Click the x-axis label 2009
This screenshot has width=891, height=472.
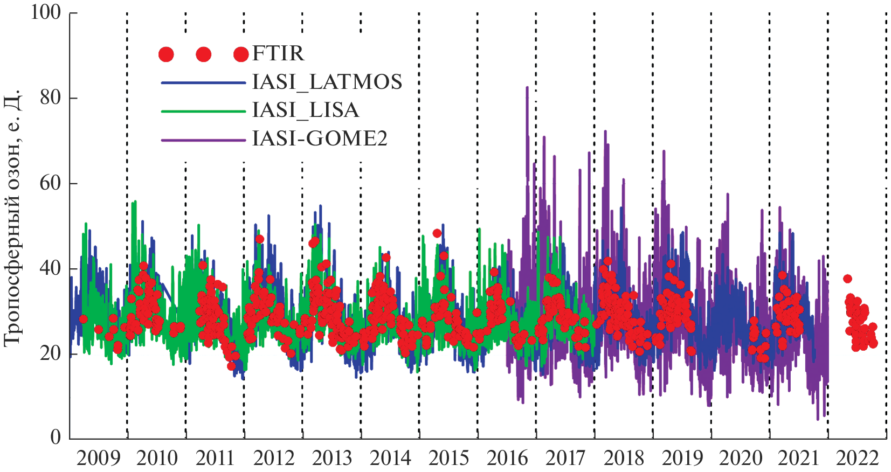pyautogui.click(x=98, y=458)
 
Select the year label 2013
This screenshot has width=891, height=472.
pyautogui.click(x=332, y=458)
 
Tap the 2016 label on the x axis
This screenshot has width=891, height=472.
pyautogui.click(x=507, y=458)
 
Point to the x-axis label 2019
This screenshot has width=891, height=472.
pyautogui.click(x=682, y=458)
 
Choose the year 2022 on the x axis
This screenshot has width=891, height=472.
pyautogui.click(x=858, y=458)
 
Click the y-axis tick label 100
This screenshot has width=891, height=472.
pyautogui.click(x=46, y=12)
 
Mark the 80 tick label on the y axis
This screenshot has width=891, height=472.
pyautogui.click(x=51, y=98)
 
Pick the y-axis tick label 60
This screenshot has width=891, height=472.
pyautogui.click(x=51, y=183)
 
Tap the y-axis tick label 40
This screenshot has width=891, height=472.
pyautogui.click(x=51, y=268)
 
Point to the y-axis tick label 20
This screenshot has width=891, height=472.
pyautogui.click(x=51, y=353)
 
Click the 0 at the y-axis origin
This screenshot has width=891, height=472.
pyautogui.click(x=56, y=437)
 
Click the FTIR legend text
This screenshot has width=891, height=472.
pyautogui.click(x=278, y=53)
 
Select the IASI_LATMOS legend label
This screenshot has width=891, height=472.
pyautogui.click(x=327, y=82)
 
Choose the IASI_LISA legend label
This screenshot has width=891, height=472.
pyautogui.click(x=305, y=110)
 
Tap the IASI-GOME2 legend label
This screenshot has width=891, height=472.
pyautogui.click(x=320, y=139)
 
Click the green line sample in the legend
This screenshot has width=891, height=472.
pyautogui.click(x=203, y=112)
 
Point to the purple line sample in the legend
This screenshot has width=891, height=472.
pyautogui.click(x=203, y=140)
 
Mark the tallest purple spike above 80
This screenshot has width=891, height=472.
pyautogui.click(x=527, y=88)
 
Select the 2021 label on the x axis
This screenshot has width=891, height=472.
pyautogui.click(x=799, y=458)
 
